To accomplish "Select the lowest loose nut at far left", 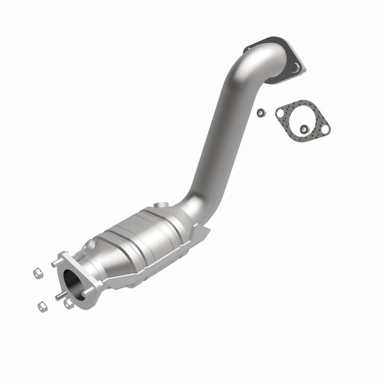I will point(42,305).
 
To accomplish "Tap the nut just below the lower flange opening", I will point(69,303).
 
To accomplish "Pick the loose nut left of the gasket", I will point(260,113).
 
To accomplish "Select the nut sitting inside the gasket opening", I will point(303,128).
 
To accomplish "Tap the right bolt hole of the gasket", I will point(324,130).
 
